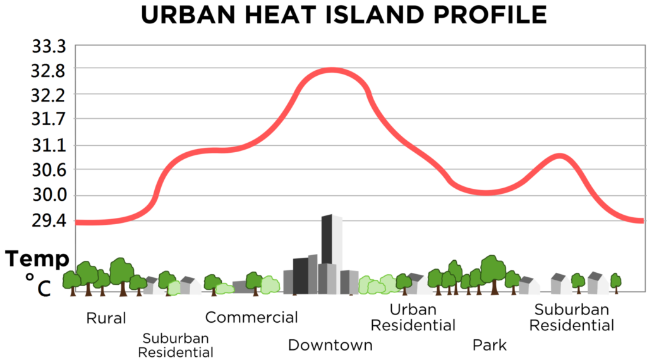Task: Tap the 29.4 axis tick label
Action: click(49, 220)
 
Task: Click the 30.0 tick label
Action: click(49, 195)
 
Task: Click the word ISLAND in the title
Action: click(377, 16)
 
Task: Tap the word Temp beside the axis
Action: click(37, 259)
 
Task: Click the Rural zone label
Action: click(106, 318)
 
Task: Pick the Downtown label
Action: click(330, 345)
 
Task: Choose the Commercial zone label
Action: click(251, 317)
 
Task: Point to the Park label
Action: click(490, 345)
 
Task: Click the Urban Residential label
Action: click(413, 318)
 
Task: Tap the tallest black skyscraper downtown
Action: click(327, 240)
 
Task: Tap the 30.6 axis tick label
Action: click(49, 170)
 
